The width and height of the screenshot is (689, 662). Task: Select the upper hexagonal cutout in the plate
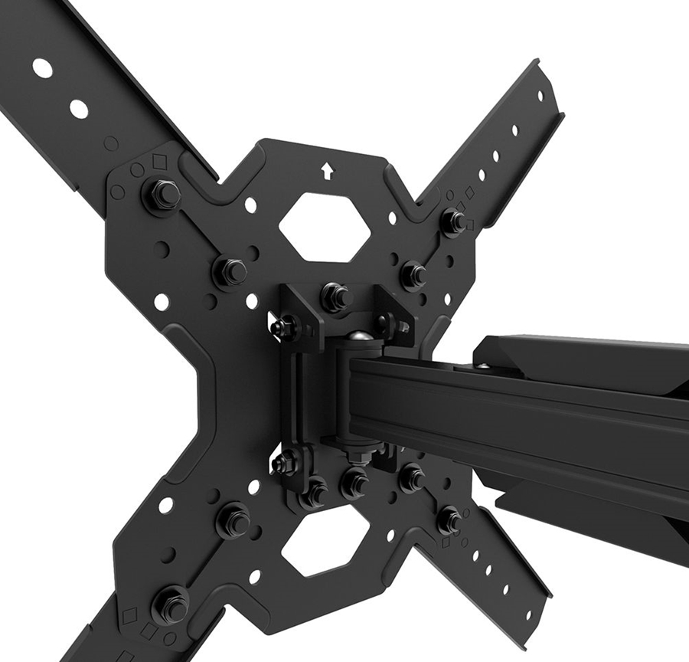point(325,226)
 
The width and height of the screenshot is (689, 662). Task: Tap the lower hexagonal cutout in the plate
point(325,542)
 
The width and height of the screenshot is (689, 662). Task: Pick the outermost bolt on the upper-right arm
point(453,221)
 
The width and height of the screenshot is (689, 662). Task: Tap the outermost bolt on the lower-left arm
point(171,602)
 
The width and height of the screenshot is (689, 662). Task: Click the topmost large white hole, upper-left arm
point(43,68)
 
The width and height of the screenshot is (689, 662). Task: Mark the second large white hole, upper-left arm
point(78,109)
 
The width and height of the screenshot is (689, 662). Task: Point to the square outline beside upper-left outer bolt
point(159,162)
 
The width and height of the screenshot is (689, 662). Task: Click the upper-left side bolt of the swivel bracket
point(286,326)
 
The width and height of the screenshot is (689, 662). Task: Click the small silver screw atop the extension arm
point(482,368)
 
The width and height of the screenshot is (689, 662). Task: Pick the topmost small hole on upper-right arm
point(540,95)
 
